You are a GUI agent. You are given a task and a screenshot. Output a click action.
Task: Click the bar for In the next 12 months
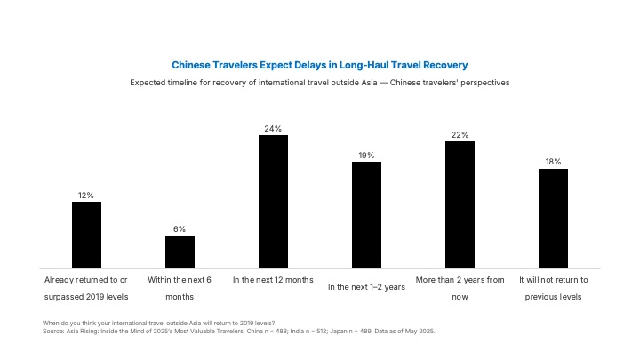point(273,202)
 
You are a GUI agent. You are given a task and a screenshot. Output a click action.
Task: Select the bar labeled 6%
point(180,252)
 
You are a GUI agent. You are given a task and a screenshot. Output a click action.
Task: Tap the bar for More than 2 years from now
point(460,205)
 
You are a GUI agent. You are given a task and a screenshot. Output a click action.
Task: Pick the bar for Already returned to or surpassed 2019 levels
point(86,235)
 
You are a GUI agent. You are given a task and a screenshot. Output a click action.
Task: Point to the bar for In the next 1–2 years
point(366,215)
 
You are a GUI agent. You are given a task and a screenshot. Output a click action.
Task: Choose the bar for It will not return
point(553,219)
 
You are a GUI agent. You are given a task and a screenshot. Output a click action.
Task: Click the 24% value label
point(273,129)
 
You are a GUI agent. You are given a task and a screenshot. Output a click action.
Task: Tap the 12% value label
point(86,196)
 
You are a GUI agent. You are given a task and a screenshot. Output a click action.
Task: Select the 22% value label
point(460,135)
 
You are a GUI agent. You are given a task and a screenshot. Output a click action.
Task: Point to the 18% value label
point(553,162)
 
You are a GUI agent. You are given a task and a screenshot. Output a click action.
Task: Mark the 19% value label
point(366,156)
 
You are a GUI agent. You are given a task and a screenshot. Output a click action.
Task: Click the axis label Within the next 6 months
point(180,288)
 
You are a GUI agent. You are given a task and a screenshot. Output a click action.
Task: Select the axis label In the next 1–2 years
point(366,287)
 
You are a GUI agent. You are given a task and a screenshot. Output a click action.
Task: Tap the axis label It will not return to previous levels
point(554,288)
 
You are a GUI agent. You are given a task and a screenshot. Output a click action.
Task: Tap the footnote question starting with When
point(159,324)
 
